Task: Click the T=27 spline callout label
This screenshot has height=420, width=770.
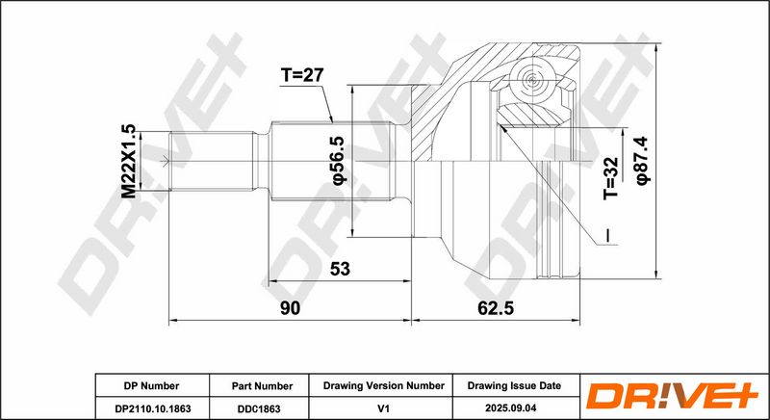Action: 302,75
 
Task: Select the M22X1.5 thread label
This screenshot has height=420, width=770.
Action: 128,161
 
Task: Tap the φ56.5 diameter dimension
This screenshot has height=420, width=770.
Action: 340,160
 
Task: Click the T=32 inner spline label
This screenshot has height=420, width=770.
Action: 610,178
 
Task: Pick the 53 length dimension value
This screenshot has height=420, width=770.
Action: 340,269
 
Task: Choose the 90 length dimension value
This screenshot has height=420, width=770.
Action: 290,308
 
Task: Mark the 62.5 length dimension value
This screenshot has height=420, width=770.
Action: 496,308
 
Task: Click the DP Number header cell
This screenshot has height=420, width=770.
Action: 152,385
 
